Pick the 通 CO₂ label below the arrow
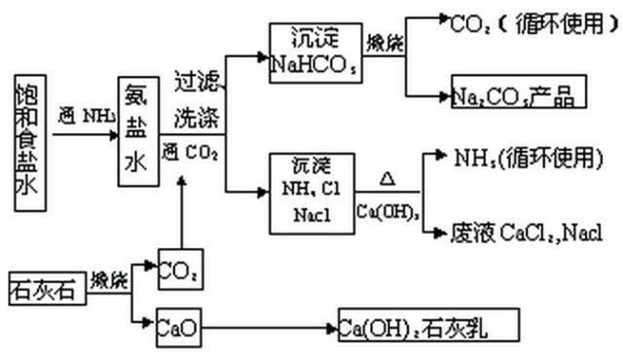192,152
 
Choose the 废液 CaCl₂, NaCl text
526,233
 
